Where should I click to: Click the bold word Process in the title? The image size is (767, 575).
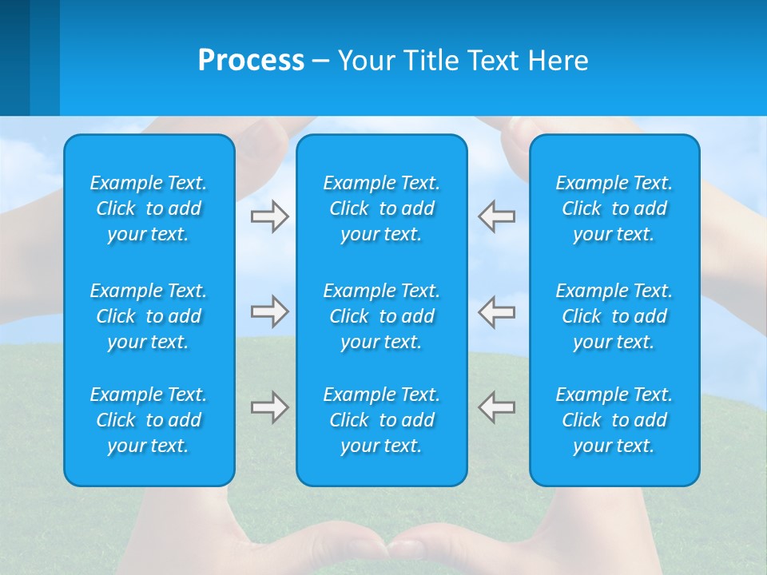tap(251, 61)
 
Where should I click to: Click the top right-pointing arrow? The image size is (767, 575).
tap(269, 216)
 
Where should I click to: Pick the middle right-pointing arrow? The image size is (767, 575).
tap(269, 311)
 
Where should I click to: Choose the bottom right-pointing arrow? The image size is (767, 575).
tap(269, 407)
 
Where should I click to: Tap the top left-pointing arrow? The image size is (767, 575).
tap(497, 216)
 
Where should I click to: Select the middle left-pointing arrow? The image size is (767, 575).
tap(497, 311)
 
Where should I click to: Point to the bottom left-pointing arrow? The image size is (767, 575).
tap(497, 407)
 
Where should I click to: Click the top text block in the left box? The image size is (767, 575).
tap(149, 208)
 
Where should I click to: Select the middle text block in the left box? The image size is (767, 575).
tap(149, 316)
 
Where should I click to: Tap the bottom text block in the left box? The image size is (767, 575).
tap(149, 420)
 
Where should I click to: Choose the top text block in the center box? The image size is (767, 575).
tap(381, 208)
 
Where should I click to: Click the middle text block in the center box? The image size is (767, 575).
tap(381, 316)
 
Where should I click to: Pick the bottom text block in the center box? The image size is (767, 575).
tap(381, 420)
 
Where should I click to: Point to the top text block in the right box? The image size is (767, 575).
tap(614, 208)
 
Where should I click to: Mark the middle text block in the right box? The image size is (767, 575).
tap(614, 316)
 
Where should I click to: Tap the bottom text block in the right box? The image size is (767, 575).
tap(614, 420)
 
